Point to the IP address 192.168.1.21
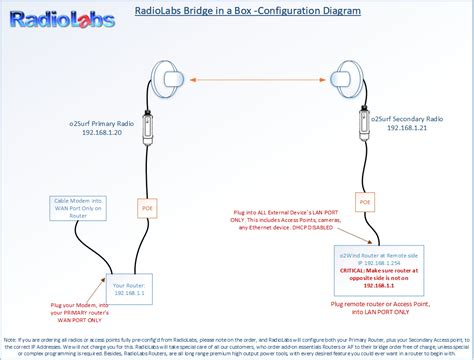click(x=406, y=127)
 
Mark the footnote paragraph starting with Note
click(x=237, y=343)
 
